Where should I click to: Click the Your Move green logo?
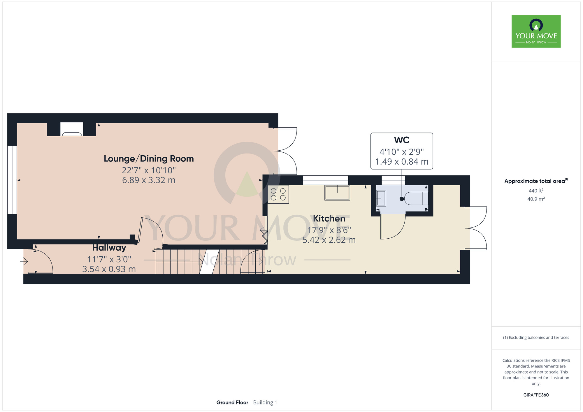click(x=536, y=31)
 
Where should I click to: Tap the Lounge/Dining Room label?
click(x=149, y=159)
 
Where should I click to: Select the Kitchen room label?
click(x=329, y=219)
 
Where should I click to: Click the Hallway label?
click(x=109, y=248)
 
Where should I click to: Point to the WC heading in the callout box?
click(x=402, y=140)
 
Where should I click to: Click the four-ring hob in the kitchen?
click(x=278, y=194)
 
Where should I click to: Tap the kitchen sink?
click(x=337, y=193)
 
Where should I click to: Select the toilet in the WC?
click(x=416, y=198)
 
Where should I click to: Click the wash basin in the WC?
click(x=381, y=198)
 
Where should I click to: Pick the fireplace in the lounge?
click(x=72, y=129)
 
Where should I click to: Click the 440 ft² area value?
click(x=536, y=191)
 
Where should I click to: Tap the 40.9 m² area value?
click(x=536, y=199)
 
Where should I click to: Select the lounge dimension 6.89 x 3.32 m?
click(x=149, y=180)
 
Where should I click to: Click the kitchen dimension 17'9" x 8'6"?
click(x=329, y=230)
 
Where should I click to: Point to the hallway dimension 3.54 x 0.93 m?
click(x=109, y=269)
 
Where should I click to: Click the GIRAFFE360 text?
click(x=536, y=395)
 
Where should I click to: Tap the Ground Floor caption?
click(x=232, y=402)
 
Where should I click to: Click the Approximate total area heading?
click(x=536, y=181)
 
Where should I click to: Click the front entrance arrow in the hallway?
click(x=24, y=261)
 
